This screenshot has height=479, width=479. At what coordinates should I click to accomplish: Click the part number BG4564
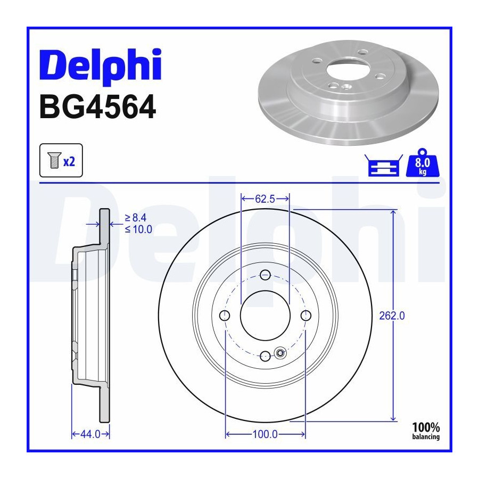point(98,107)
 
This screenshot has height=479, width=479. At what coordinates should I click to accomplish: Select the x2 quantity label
point(69,161)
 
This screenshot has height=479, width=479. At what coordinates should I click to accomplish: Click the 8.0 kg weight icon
point(422,163)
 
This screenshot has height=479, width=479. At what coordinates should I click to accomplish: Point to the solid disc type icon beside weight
point(383,166)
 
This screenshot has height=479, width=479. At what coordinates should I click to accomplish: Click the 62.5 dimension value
point(265,199)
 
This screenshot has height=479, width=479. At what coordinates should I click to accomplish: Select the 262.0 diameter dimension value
point(392,316)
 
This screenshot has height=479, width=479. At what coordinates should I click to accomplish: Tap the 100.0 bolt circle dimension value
point(265,434)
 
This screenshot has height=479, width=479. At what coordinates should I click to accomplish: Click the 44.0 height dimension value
point(90,434)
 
